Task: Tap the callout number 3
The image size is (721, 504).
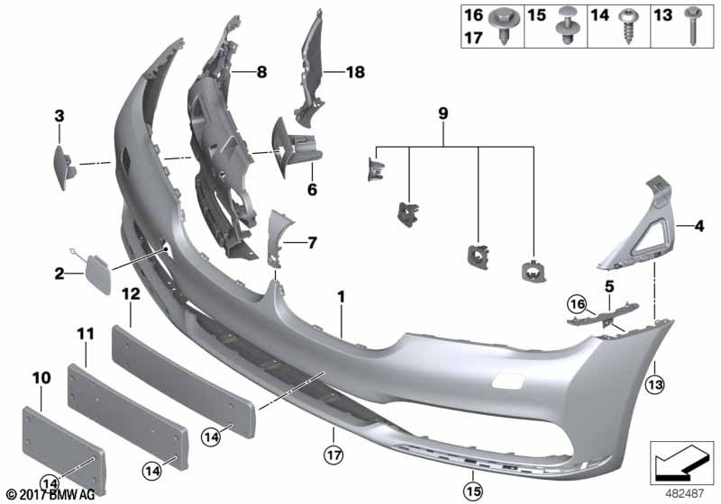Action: [x=59, y=115]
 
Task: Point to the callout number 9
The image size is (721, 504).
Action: [x=443, y=114]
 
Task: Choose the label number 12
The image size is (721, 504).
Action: [x=131, y=294]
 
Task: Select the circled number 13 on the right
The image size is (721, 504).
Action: [x=656, y=386]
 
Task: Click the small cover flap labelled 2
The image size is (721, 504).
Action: [x=96, y=265]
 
